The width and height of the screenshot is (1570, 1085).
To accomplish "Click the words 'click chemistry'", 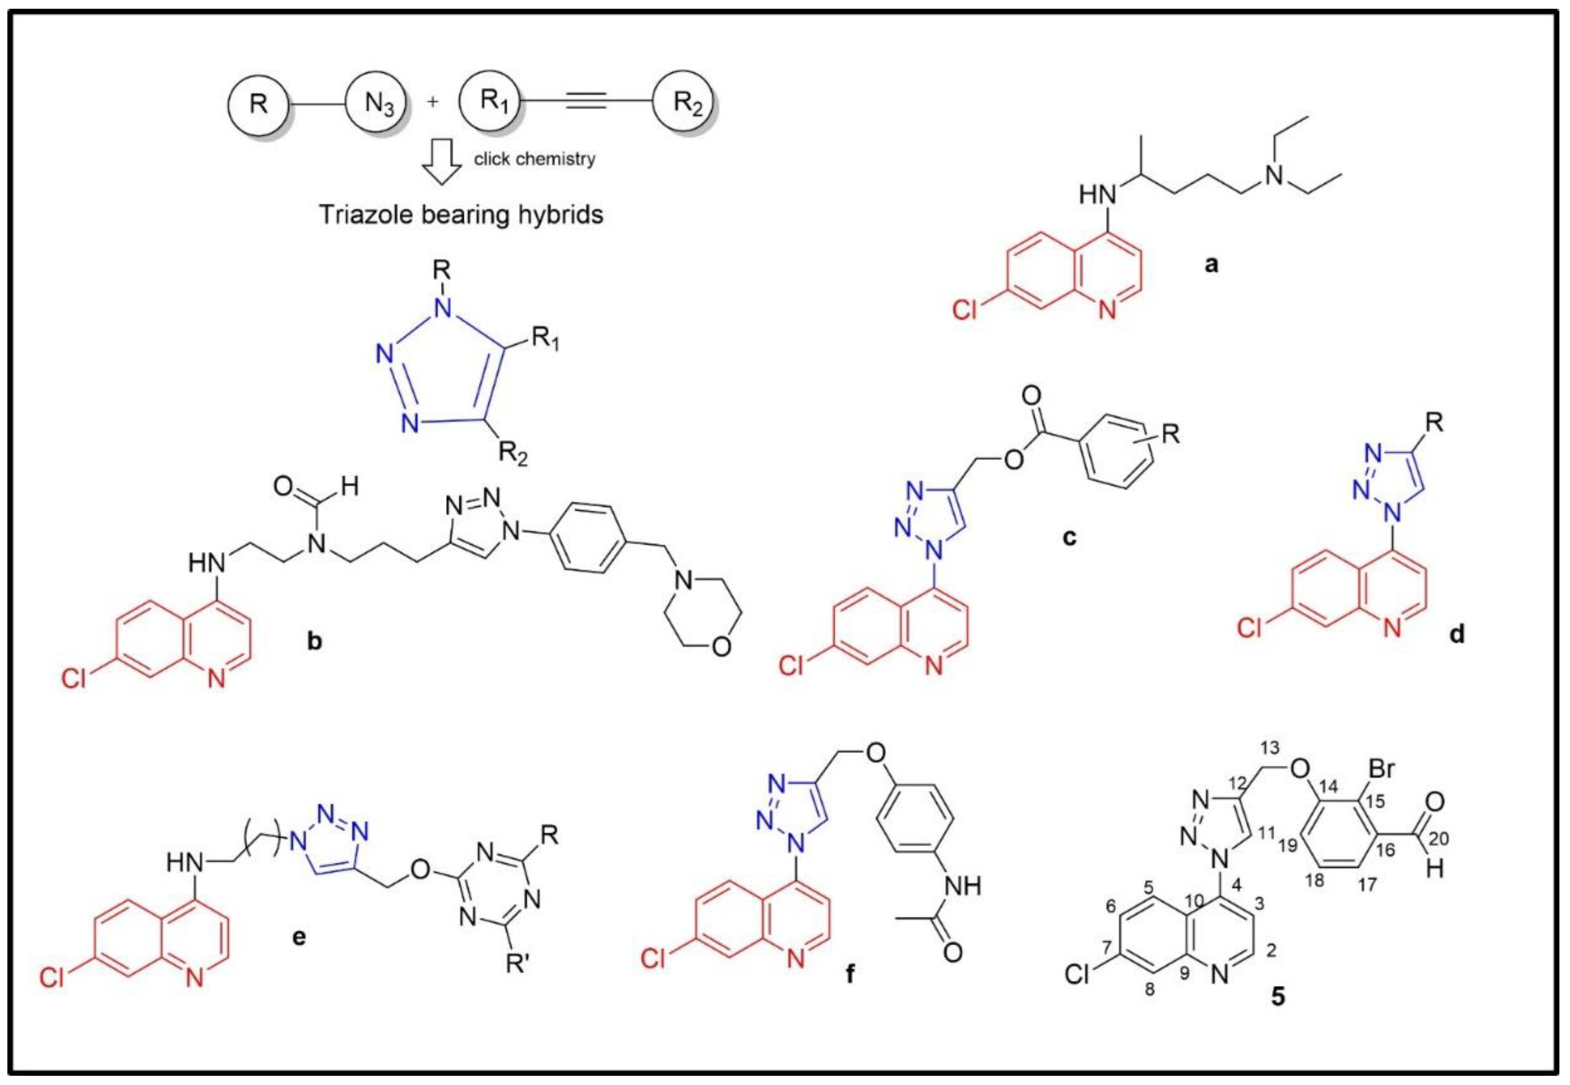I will click(x=535, y=159).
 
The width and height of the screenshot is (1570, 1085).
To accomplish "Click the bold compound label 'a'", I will click(x=1211, y=264).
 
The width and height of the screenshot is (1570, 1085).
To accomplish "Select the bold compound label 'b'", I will click(x=314, y=640).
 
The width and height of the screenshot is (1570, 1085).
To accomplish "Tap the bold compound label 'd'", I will click(x=1457, y=635).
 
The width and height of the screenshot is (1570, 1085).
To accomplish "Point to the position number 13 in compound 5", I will click(x=1269, y=749).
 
